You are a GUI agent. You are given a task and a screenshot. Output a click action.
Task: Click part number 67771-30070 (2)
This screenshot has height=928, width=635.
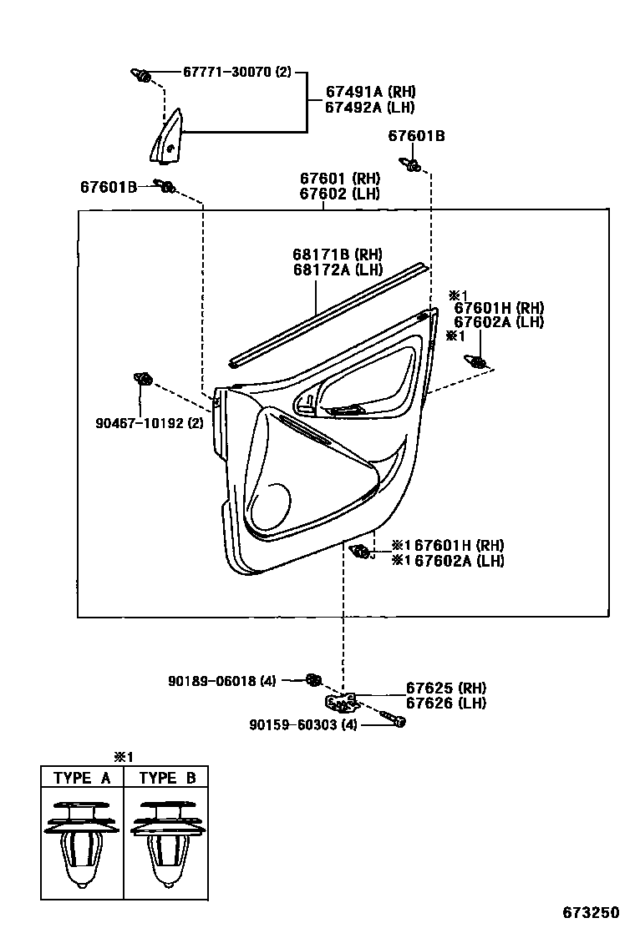pos(237,73)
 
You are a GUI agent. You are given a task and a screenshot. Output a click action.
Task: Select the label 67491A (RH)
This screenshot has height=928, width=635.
pos(370,92)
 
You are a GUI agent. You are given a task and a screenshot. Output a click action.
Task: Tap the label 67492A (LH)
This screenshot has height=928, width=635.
pos(370,107)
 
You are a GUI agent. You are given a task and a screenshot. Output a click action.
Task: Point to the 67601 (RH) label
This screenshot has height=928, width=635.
pos(339,179)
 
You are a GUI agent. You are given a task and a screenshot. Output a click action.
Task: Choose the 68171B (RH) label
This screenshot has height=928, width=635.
pos(337,254)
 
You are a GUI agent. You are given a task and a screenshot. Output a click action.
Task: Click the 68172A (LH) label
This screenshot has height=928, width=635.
pos(337,269)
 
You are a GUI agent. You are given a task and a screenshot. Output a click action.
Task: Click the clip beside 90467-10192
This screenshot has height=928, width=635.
pos(143,380)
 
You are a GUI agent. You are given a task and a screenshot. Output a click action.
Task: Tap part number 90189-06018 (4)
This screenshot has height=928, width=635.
pos(221,681)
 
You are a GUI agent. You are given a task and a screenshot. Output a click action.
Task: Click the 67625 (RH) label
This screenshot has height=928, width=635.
pos(446,688)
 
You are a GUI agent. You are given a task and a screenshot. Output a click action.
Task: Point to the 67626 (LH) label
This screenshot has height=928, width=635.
pos(446,703)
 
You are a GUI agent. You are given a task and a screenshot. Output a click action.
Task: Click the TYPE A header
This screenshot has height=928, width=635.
pos(83,778)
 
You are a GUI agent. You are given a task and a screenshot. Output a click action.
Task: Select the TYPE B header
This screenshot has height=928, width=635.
pos(167,778)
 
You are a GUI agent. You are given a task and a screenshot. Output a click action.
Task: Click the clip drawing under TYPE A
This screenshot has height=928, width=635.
pos(83,843)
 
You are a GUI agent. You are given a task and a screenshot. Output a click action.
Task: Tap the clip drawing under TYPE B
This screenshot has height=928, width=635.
pos(166,843)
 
